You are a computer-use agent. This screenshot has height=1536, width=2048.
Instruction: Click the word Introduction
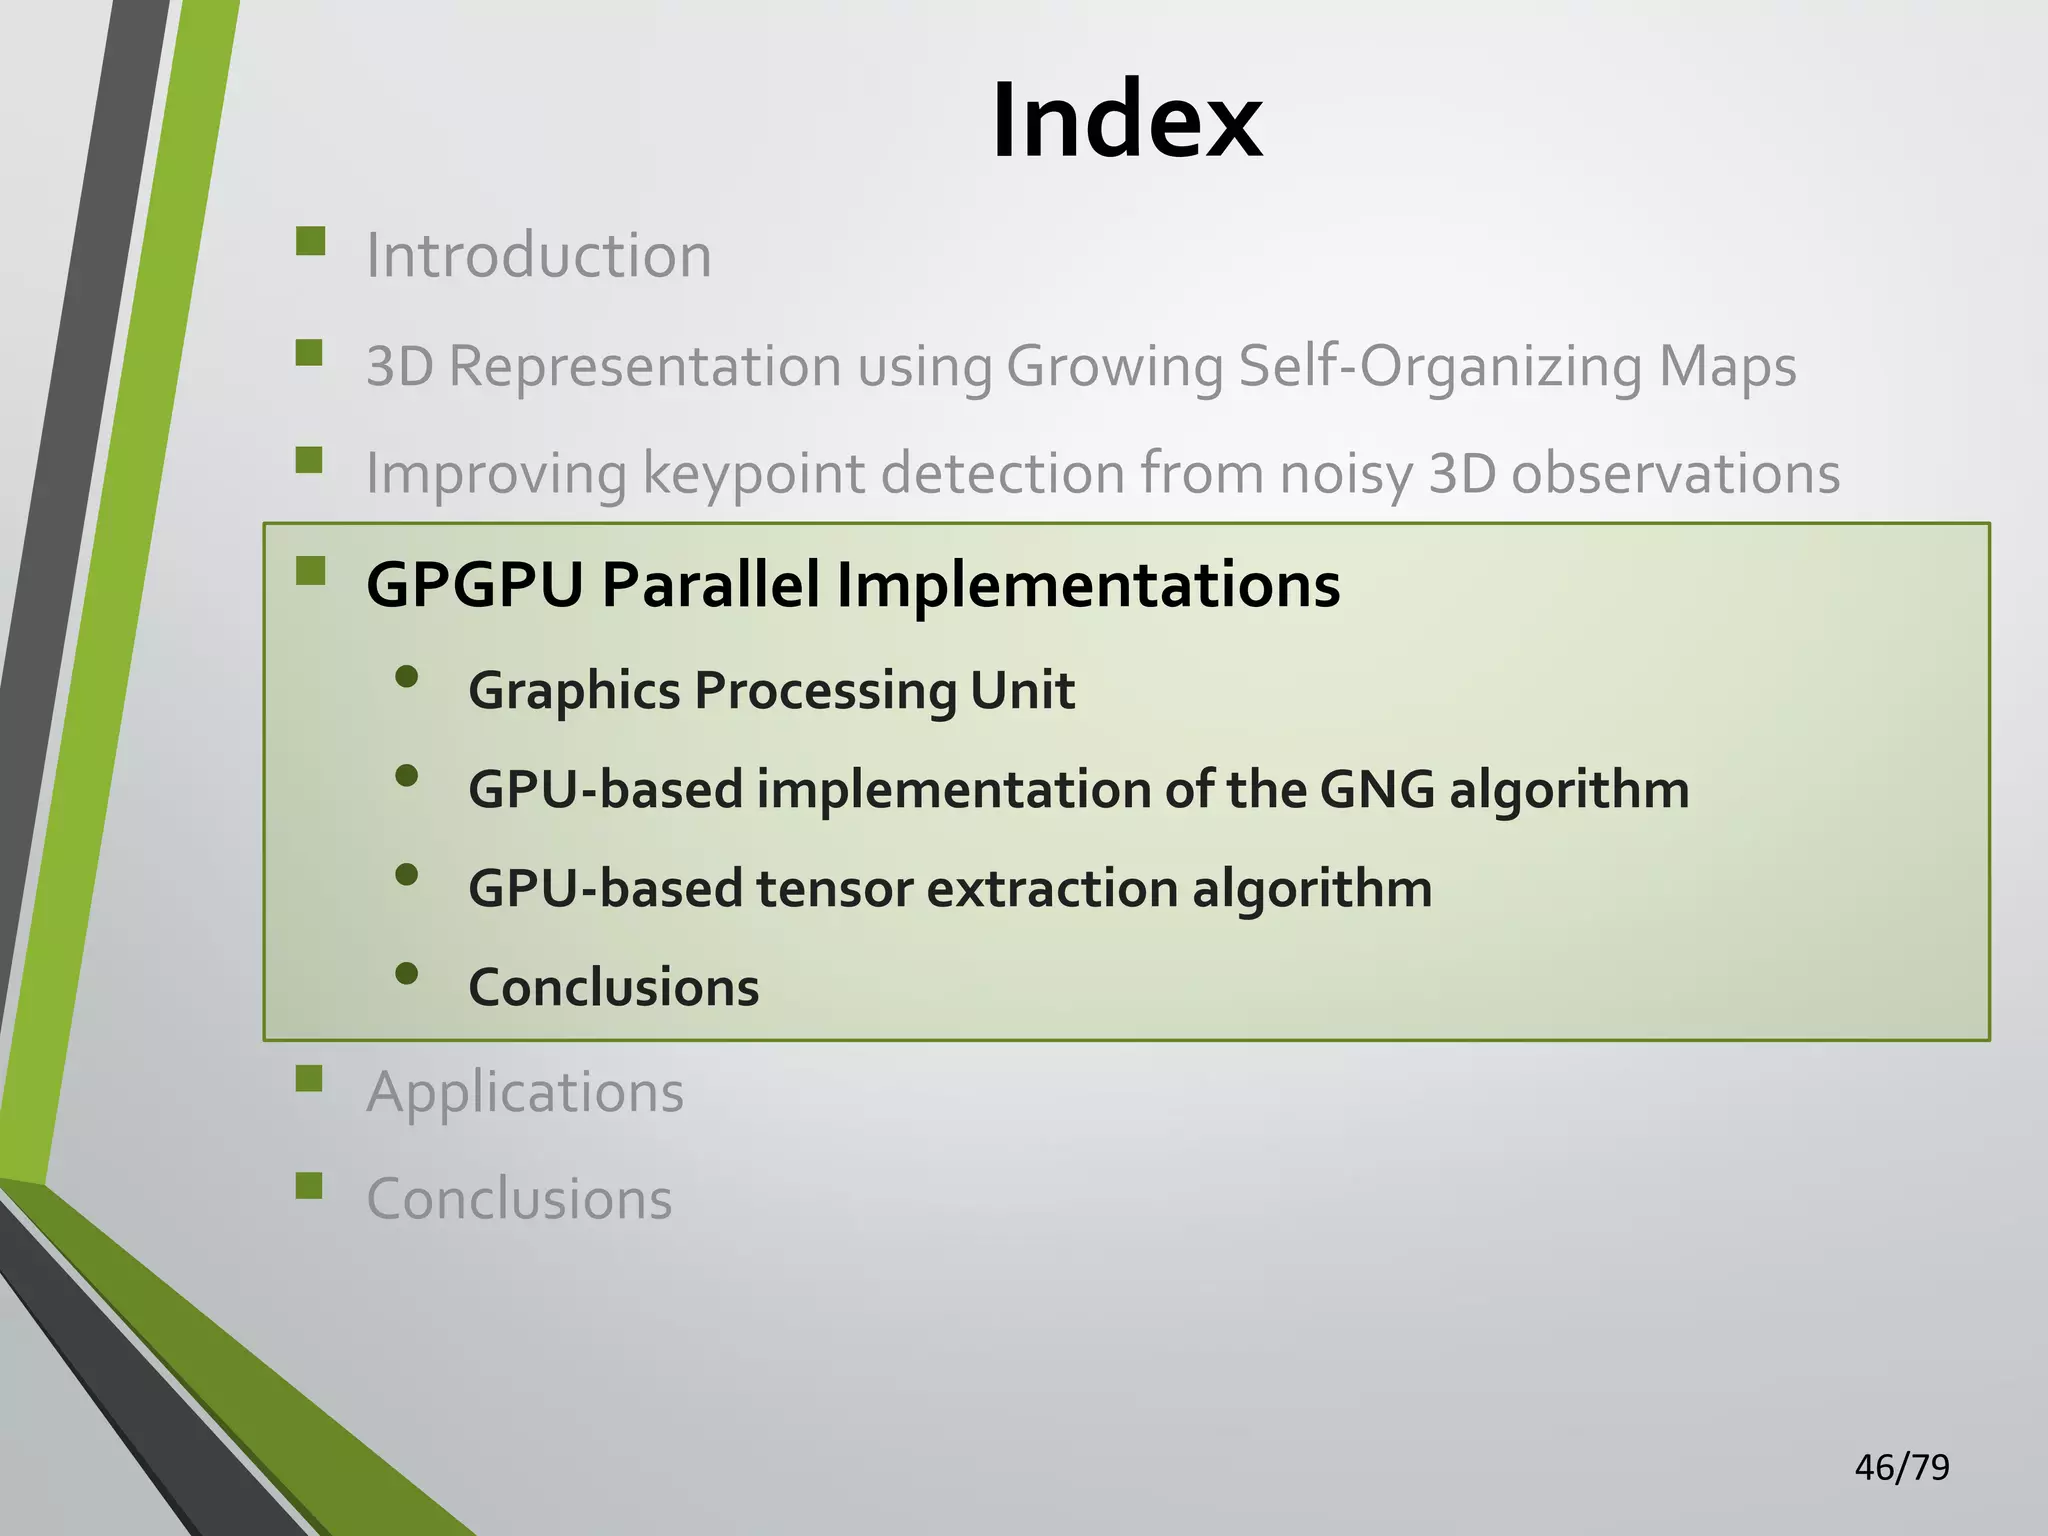[x=539, y=255]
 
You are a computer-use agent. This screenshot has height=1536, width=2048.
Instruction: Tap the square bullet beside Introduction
[x=310, y=242]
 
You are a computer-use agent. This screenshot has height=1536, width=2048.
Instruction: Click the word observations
[x=1675, y=473]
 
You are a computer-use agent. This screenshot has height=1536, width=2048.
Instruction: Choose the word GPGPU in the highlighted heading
[x=475, y=584]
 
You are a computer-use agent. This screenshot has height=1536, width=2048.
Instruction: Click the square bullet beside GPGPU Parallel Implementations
[x=310, y=571]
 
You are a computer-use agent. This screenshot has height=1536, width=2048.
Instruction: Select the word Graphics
[x=574, y=690]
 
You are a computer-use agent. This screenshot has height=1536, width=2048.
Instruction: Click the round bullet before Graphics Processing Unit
[x=406, y=678]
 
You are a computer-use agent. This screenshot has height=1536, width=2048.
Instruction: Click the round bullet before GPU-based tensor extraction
[x=406, y=875]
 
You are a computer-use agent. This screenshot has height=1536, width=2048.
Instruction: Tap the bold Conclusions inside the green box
[x=613, y=987]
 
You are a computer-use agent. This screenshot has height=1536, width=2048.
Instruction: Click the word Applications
[x=525, y=1091]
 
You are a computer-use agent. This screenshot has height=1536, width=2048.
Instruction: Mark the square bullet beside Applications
[x=310, y=1078]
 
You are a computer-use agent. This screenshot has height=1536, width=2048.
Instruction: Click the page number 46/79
[x=1901, y=1467]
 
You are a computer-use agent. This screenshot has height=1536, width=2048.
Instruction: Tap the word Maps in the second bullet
[x=1727, y=366]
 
